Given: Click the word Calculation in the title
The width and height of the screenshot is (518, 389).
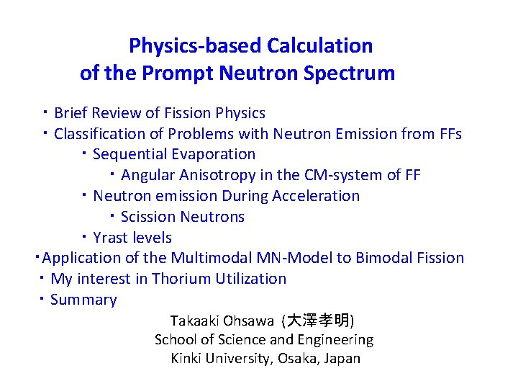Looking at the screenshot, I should click(319, 46).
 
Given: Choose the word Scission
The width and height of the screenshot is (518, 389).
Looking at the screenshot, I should click(148, 217).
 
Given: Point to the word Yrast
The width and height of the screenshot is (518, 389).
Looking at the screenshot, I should click(112, 238).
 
